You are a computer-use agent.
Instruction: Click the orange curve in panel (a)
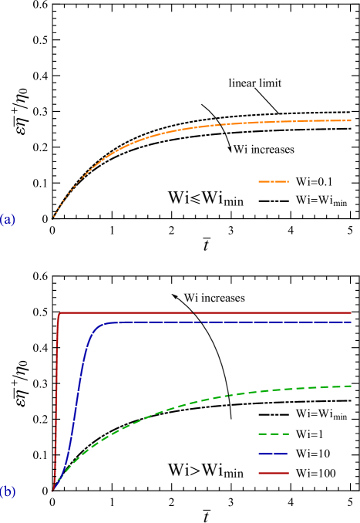(x=154, y=137)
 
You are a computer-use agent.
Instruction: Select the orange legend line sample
(x=273, y=181)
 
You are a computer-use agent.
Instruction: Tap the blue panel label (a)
(x=8, y=220)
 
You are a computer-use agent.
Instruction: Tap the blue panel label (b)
(x=8, y=492)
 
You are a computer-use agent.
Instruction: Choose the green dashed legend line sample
(x=273, y=434)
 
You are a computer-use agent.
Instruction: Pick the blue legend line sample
(x=273, y=454)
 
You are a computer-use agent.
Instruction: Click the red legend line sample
(x=273, y=473)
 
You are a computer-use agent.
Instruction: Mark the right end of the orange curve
(x=351, y=120)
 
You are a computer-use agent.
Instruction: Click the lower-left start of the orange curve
(x=52, y=219)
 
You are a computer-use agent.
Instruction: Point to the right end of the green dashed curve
(x=351, y=386)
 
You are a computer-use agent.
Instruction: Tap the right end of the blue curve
(x=351, y=322)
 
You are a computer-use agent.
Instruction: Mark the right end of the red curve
(x=351, y=313)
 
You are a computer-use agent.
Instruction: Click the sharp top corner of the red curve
(x=60, y=313)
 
